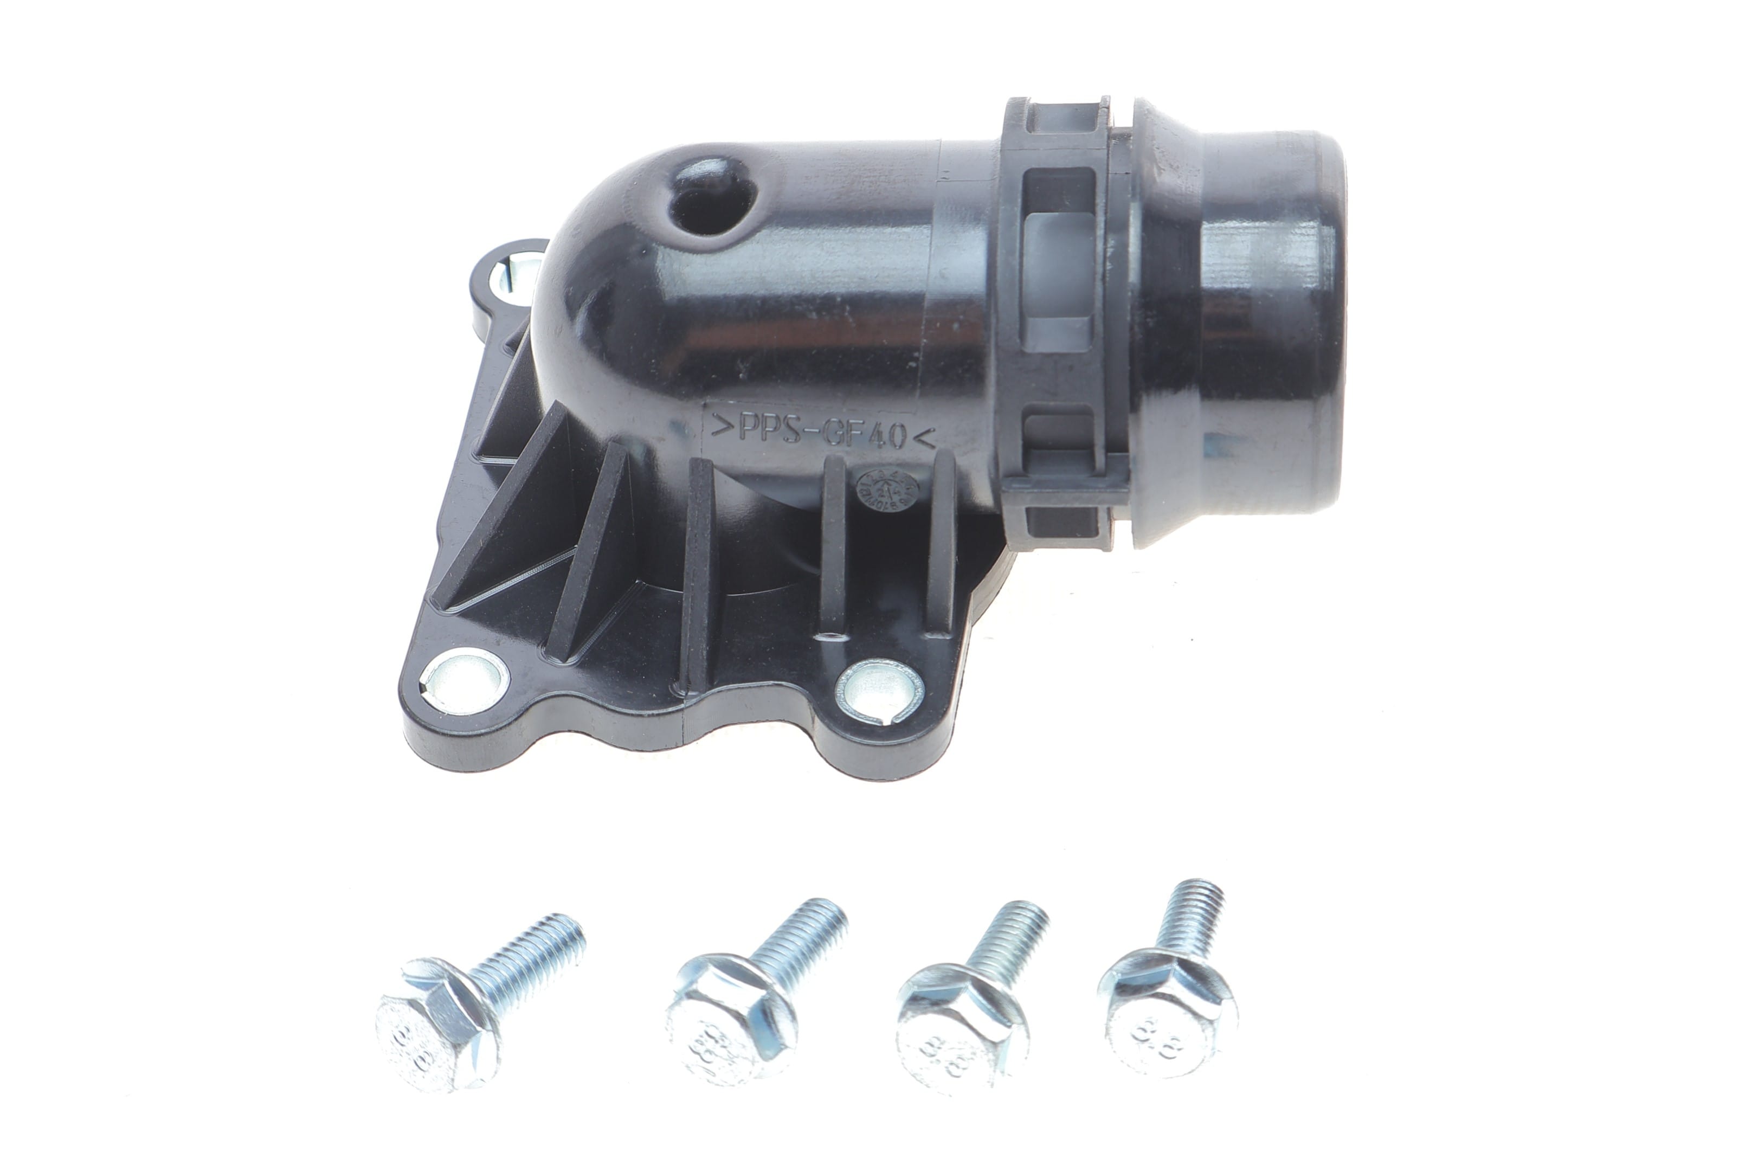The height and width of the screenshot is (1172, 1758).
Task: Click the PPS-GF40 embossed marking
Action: point(822,432)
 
